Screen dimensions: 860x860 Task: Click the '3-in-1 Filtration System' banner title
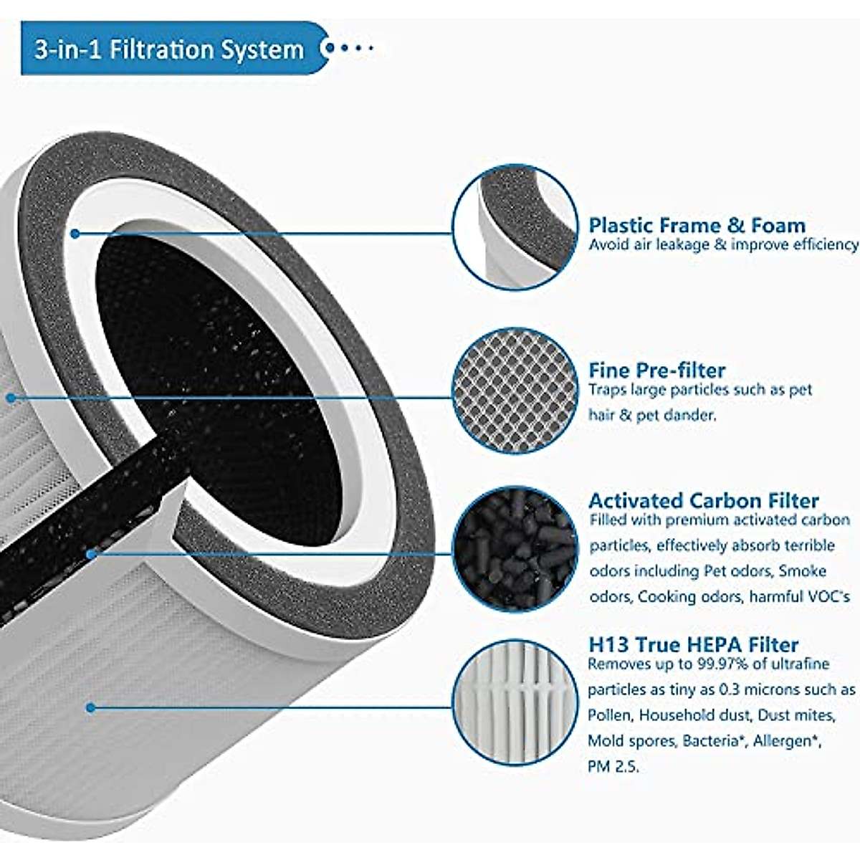169,49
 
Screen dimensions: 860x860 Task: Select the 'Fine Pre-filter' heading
656,370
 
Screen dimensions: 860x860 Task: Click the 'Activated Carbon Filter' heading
703,500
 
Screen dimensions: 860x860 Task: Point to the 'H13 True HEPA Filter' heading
693,644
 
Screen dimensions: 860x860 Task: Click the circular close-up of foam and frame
515,226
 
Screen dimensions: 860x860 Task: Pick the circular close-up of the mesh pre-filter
515,391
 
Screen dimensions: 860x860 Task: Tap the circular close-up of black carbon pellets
515,550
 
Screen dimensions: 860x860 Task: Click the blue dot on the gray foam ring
75,234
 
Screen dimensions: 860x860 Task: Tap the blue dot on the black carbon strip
91,553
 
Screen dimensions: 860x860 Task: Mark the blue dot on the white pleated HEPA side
90,707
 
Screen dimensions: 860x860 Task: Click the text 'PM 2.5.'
613,766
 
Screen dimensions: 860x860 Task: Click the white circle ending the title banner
329,49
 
